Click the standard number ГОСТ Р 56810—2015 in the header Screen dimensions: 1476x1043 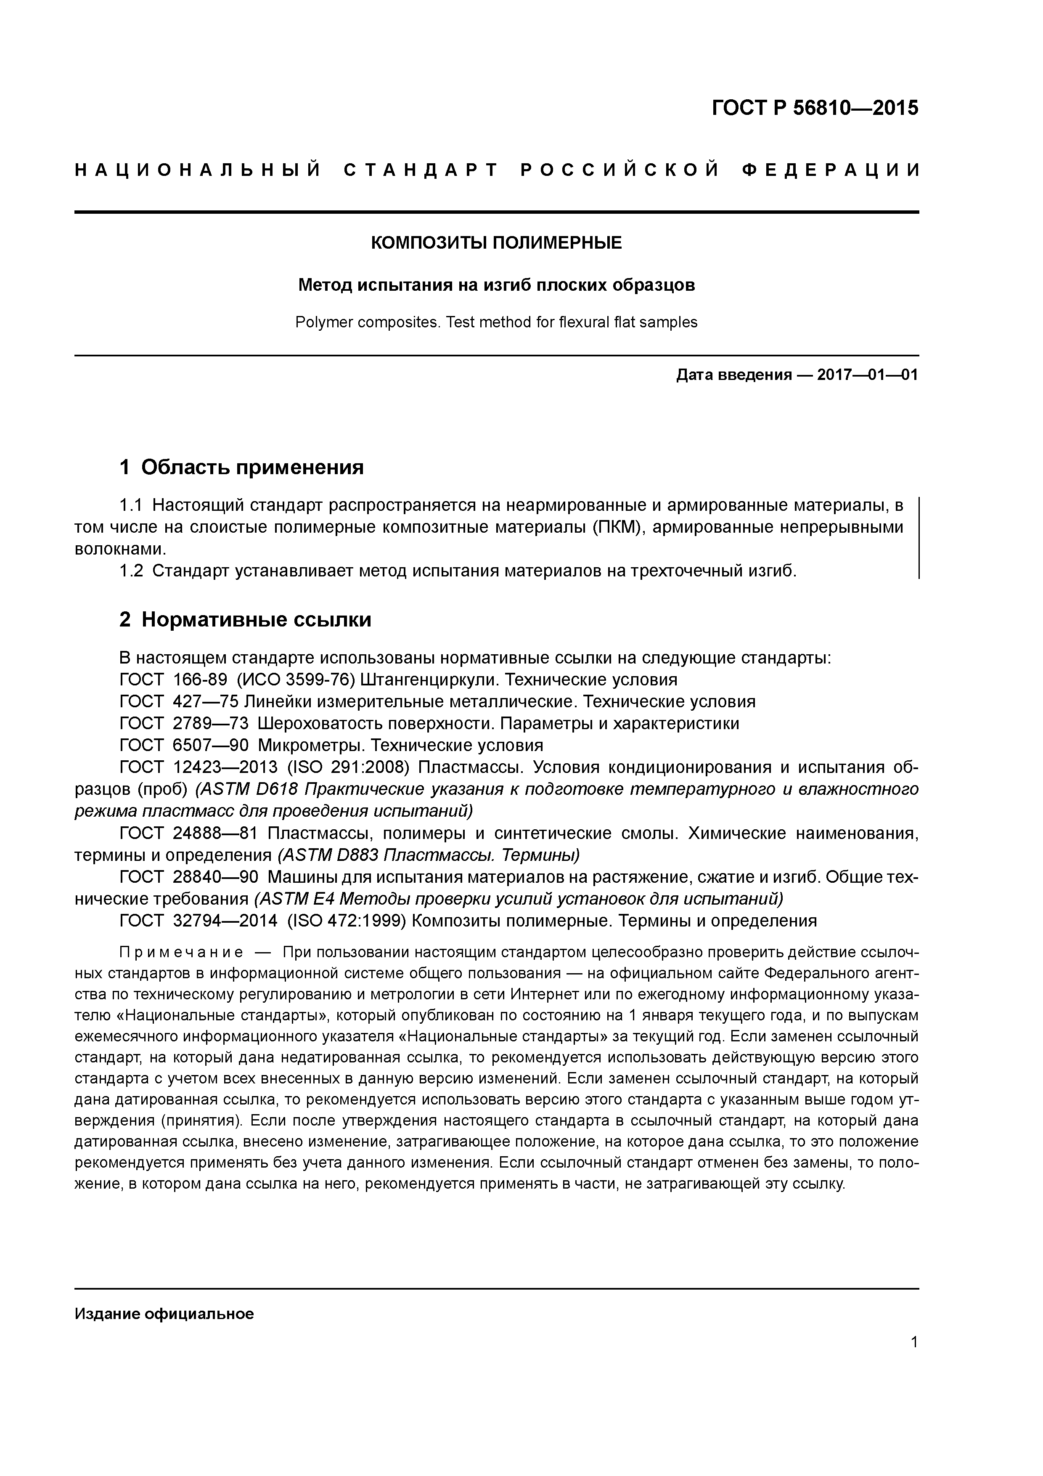[815, 108]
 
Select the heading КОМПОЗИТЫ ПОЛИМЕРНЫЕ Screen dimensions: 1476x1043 [496, 243]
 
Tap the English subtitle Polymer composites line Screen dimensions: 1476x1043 [496, 322]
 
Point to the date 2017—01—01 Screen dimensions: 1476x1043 [868, 375]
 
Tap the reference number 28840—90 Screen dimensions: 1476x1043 [215, 877]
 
